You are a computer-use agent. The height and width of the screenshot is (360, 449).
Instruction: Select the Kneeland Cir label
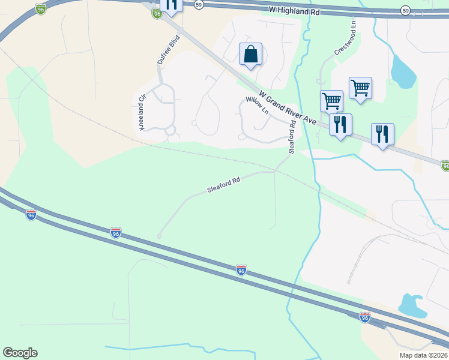point(142,107)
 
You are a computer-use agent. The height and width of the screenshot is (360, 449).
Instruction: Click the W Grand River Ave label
point(288,108)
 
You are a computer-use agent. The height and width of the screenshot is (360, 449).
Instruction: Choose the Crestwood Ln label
point(345,40)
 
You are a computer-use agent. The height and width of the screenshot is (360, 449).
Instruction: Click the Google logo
point(20,353)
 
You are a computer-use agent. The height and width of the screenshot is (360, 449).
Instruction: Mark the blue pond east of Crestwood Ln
point(402,71)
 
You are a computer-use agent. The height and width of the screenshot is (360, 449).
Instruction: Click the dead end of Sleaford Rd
point(159,236)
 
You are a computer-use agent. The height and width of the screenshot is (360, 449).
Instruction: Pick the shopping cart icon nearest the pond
point(360,88)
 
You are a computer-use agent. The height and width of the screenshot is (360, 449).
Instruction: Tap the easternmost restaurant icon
point(382,134)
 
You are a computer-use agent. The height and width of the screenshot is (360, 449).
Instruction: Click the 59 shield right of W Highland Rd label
point(406,11)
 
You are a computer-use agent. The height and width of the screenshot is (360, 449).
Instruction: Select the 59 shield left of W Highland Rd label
point(199,4)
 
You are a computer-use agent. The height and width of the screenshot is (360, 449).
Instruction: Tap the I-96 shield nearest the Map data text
point(365,317)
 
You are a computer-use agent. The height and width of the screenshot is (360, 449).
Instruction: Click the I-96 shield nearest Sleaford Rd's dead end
point(116,232)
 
